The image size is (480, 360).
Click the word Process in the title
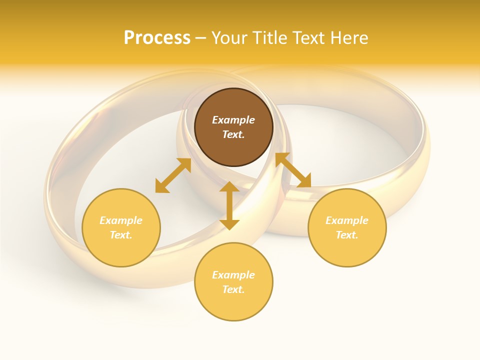pos(157,38)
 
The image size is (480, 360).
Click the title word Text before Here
pos(309,38)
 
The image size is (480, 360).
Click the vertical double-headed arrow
pos(229,205)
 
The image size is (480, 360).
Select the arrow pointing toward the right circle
pos(293,170)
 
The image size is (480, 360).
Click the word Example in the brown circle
pos(233,120)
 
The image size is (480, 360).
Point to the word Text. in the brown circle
pos(233,134)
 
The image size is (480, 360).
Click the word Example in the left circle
pos(121,220)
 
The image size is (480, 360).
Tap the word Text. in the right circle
pos(347,235)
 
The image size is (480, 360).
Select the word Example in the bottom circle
pos(233,275)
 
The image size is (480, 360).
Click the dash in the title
pos(201,38)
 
